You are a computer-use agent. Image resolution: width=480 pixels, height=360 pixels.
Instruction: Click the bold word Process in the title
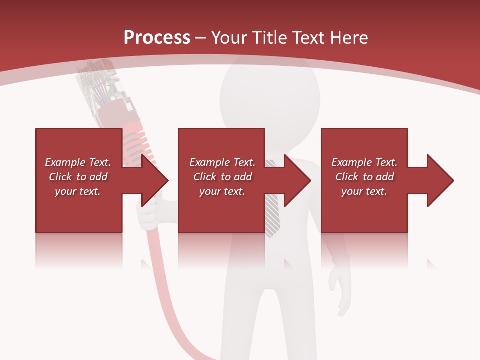(x=157, y=38)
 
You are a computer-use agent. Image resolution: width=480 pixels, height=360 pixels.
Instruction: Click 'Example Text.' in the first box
(x=78, y=162)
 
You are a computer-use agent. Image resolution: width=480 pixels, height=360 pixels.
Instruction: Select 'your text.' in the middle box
(x=222, y=191)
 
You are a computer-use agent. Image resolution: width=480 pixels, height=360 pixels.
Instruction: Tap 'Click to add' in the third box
(x=364, y=177)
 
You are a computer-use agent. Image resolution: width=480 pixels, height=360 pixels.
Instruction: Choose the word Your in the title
(x=228, y=38)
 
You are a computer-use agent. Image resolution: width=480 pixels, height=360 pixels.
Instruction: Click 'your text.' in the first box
(x=78, y=191)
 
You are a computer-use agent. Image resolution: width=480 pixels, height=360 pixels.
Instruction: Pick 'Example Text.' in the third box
(x=364, y=162)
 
